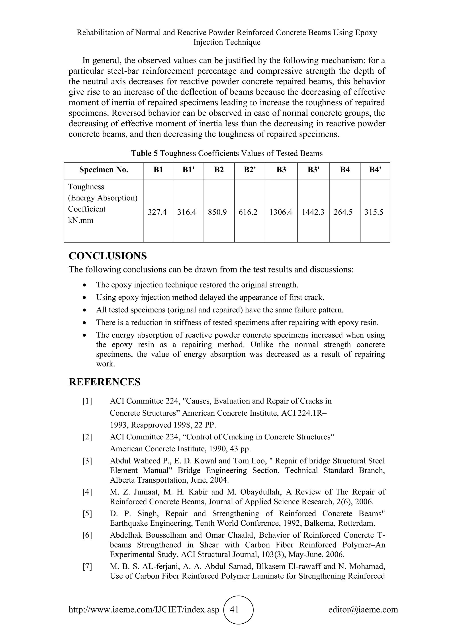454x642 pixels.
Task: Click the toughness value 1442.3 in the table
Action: click(x=313, y=212)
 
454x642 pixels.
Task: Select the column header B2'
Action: click(x=250, y=170)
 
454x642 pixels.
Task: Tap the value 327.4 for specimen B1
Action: click(x=157, y=212)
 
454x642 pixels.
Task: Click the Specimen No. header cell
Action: click(x=104, y=170)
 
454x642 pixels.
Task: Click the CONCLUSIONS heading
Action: click(x=108, y=256)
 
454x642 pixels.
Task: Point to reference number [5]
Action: click(x=87, y=514)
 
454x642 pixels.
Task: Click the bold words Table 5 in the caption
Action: click(x=145, y=153)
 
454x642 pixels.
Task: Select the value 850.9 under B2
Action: click(x=217, y=212)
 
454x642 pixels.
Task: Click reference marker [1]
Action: click(x=87, y=401)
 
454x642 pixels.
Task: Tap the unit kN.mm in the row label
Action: click(x=81, y=220)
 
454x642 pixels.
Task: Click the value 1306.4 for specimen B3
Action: click(x=281, y=212)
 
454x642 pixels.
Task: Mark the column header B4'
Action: click(x=375, y=170)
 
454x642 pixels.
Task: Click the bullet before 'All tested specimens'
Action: click(x=84, y=310)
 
